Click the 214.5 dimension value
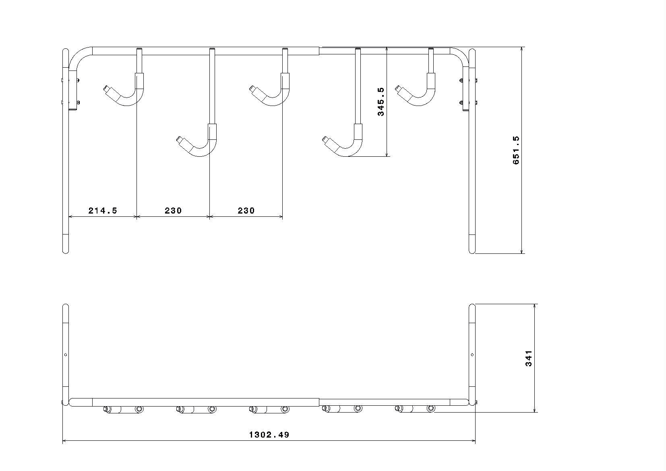103,210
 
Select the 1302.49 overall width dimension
269,435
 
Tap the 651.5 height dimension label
516,150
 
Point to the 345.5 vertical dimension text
381,102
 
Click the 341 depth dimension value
529,358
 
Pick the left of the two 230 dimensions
173,210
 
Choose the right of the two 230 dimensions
246,210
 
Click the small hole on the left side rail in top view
66,355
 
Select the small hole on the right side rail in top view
472,355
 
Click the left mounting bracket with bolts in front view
72,91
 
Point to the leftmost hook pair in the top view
123,410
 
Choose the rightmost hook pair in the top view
415,409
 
